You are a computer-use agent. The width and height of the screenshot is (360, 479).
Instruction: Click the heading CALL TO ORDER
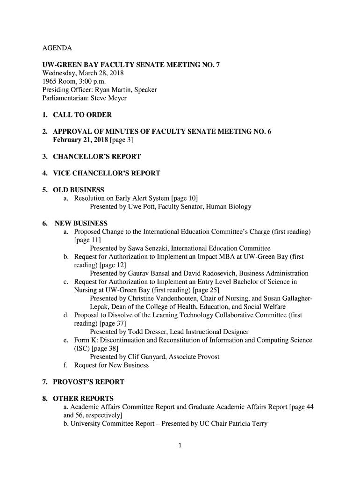82,115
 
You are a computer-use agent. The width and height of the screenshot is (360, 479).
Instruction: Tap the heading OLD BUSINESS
79,190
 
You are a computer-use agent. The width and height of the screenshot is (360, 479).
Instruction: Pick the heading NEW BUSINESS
81,224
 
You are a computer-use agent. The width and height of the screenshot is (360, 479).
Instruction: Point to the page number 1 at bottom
180,445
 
